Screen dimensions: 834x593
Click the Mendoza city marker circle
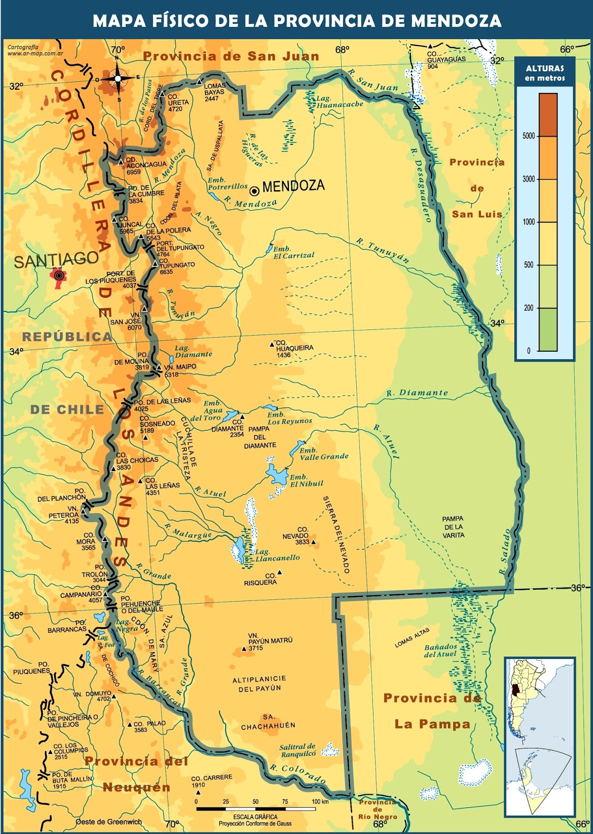(255, 191)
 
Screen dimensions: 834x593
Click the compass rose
(118, 79)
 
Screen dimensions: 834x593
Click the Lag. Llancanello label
(277, 555)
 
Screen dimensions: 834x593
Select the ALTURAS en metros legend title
(545, 73)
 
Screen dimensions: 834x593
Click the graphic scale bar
(256, 809)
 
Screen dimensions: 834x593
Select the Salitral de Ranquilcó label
(298, 750)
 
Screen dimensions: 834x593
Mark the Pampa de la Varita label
(453, 527)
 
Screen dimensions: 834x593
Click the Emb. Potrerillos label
(227, 183)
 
